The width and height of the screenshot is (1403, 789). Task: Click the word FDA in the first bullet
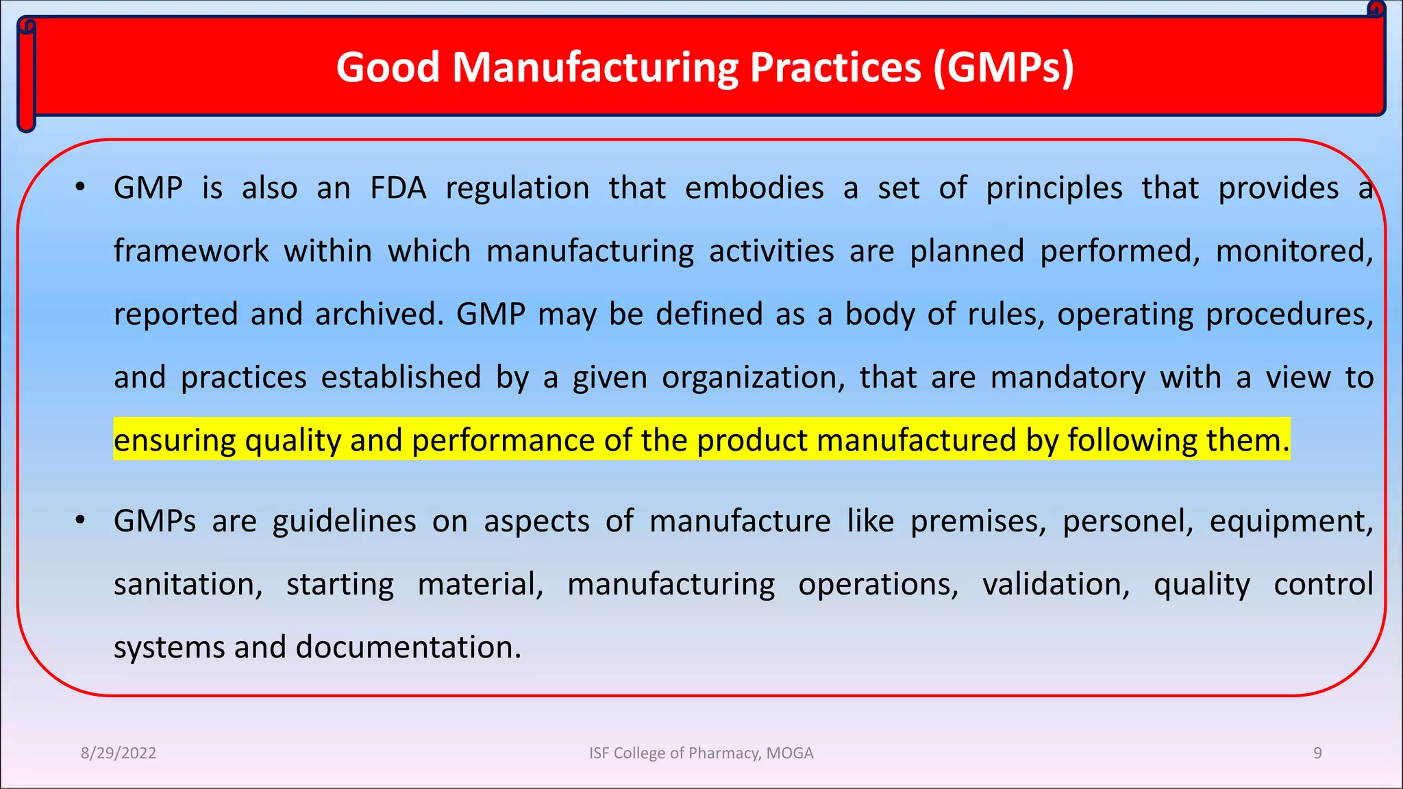pyautogui.click(x=398, y=188)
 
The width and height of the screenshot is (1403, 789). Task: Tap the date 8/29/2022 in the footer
pyautogui.click(x=119, y=753)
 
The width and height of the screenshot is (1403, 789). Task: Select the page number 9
pyautogui.click(x=1317, y=753)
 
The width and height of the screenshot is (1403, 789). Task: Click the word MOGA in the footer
pyautogui.click(x=789, y=753)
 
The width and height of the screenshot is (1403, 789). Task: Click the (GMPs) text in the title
pyautogui.click(x=1003, y=68)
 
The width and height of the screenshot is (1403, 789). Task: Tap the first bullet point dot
pyautogui.click(x=80, y=186)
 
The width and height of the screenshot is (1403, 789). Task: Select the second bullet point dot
pyautogui.click(x=80, y=520)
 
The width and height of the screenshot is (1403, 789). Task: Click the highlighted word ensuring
pyautogui.click(x=175, y=440)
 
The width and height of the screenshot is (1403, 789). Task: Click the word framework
pyautogui.click(x=191, y=251)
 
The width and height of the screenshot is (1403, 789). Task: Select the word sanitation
pyautogui.click(x=188, y=584)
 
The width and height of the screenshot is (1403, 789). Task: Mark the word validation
pyautogui.click(x=1056, y=584)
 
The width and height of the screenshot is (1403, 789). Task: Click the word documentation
pyautogui.click(x=408, y=647)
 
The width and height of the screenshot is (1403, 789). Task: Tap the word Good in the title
pyautogui.click(x=388, y=68)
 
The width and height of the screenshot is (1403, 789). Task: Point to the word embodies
pyautogui.click(x=754, y=188)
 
